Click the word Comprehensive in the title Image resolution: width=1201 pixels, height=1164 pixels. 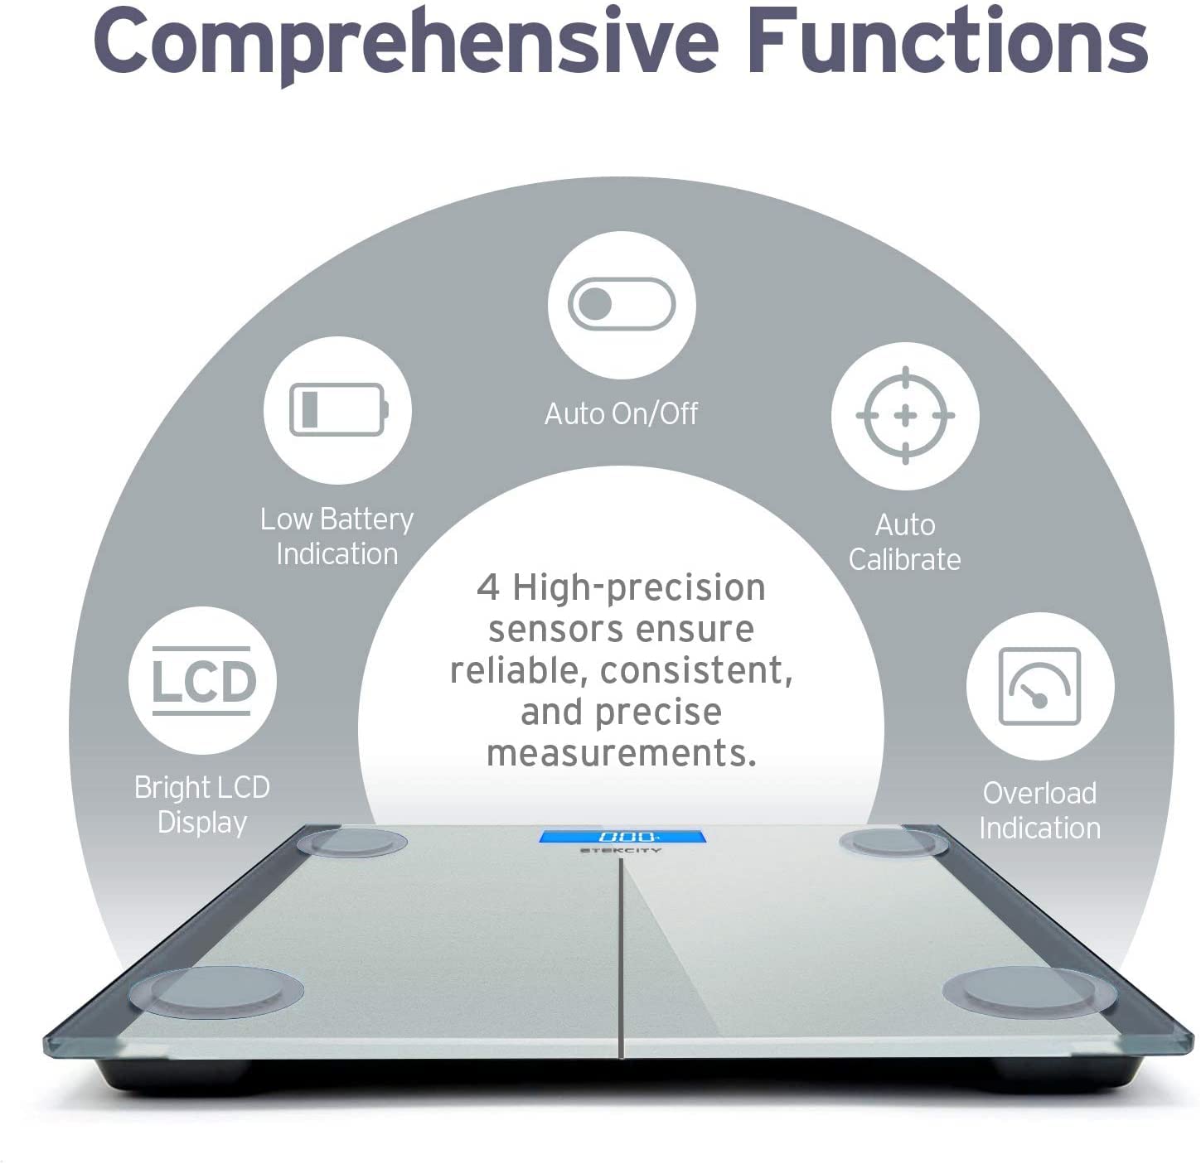click(405, 45)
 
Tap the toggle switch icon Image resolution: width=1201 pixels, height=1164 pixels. click(622, 304)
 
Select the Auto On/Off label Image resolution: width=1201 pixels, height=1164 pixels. click(621, 413)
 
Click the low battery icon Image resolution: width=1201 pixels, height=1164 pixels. click(338, 409)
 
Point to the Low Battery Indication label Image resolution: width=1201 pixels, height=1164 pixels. click(337, 536)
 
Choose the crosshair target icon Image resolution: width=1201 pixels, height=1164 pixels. click(905, 415)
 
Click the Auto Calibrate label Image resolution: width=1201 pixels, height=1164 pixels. click(905, 542)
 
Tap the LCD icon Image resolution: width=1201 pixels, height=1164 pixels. click(201, 680)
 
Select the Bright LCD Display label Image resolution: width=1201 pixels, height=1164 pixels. click(201, 805)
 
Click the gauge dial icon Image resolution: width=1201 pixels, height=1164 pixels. click(1039, 686)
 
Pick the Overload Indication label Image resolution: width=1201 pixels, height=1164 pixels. click(1040, 810)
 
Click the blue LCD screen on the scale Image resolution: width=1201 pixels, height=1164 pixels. click(622, 837)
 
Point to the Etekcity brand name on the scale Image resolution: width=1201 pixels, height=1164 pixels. click(621, 851)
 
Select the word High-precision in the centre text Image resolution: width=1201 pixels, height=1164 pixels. click(639, 587)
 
